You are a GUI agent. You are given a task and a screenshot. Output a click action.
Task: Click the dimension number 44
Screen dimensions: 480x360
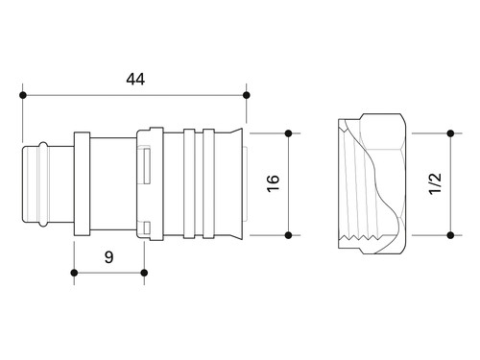click(135, 79)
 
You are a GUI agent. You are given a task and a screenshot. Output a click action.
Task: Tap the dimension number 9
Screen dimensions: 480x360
click(108, 256)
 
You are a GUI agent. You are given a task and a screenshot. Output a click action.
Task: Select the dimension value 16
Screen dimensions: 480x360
click(273, 183)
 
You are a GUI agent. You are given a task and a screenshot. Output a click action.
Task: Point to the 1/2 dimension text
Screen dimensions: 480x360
click(435, 183)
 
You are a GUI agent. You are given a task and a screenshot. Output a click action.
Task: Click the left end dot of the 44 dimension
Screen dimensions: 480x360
click(22, 95)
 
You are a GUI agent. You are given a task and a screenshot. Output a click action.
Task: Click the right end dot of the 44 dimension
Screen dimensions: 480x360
click(246, 95)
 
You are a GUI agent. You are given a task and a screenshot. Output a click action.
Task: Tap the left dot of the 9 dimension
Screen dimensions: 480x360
click(74, 273)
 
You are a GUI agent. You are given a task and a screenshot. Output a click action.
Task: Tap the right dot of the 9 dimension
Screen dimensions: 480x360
click(144, 273)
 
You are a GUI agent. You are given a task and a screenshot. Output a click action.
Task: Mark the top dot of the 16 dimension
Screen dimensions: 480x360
click(288, 133)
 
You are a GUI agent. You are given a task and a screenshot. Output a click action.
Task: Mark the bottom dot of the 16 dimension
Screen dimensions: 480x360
click(288, 235)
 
